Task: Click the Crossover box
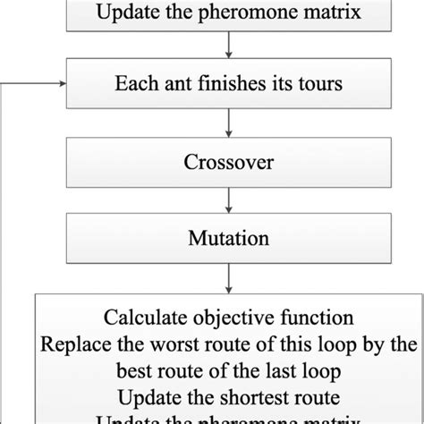[231, 165]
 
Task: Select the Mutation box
[231, 240]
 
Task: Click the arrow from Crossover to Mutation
[231, 202]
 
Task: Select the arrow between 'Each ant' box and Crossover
[231, 127]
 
